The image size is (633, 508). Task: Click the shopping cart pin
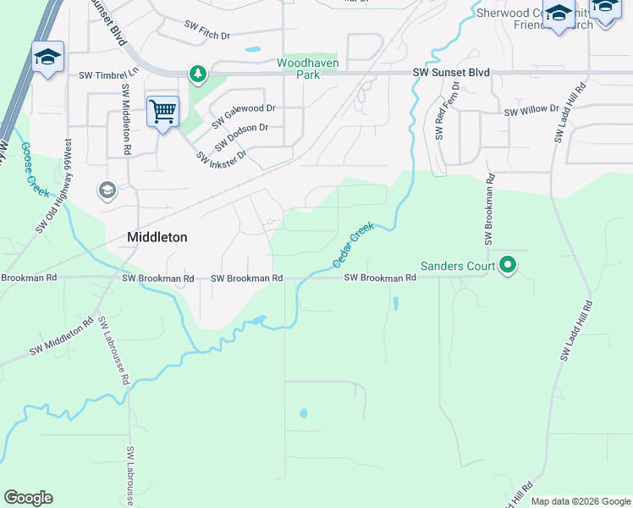162,110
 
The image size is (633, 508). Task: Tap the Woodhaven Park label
306,69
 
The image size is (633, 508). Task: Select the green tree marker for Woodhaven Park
197,75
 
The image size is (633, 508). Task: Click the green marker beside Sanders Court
508,266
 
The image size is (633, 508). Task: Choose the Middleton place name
157,238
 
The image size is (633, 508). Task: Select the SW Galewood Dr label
244,113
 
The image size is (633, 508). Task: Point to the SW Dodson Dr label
240,133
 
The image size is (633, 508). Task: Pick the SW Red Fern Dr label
447,111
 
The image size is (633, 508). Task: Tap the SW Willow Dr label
531,111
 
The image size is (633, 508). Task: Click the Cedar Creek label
353,246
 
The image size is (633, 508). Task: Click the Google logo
28,498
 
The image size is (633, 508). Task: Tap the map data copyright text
580,501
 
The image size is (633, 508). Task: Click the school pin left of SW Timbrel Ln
47,58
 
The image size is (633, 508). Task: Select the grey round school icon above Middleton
107,190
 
